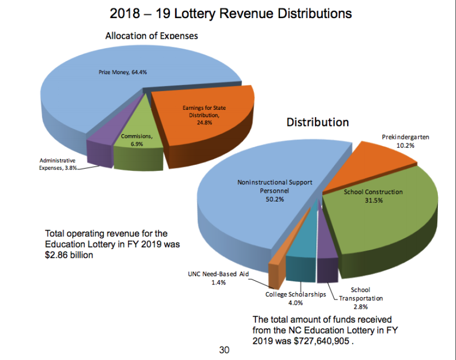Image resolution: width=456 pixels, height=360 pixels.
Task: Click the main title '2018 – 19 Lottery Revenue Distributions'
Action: (x=231, y=13)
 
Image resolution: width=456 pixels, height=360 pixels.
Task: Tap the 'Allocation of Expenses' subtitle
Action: (x=151, y=36)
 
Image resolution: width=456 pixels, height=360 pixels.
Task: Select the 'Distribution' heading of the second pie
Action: (x=318, y=122)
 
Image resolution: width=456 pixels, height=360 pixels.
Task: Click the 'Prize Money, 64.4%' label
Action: (x=123, y=73)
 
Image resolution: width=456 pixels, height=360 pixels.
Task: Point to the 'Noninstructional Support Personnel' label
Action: (x=275, y=187)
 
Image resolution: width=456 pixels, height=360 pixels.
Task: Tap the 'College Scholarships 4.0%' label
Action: (x=296, y=298)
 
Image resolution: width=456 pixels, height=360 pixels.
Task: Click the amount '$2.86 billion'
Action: (x=69, y=255)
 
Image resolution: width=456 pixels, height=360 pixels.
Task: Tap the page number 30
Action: (x=224, y=350)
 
